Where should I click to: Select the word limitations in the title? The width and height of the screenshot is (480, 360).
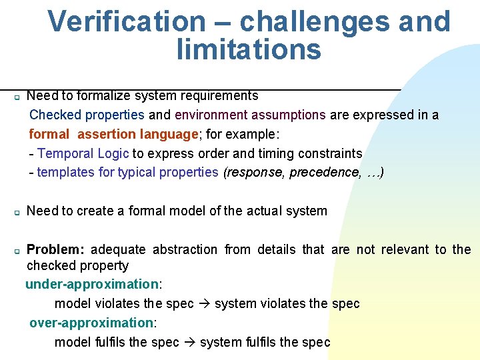click(249, 49)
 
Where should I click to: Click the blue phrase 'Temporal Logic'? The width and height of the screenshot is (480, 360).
click(83, 153)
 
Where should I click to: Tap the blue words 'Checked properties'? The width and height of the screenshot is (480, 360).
click(87, 115)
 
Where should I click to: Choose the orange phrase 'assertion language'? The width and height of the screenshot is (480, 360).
click(138, 134)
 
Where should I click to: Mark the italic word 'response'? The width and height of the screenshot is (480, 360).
click(257, 172)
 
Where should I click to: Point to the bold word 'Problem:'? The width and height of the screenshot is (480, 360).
click(55, 249)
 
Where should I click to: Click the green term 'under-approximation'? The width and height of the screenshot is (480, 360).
click(92, 284)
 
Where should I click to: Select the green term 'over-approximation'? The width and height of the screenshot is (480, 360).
click(91, 323)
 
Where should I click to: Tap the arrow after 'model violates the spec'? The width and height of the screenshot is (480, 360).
click(204, 304)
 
